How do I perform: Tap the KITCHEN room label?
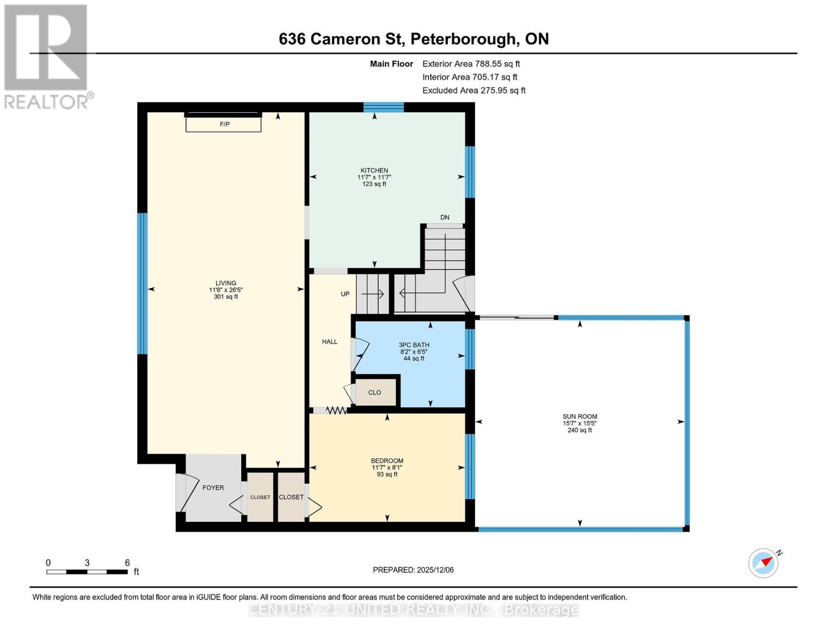click(374, 170)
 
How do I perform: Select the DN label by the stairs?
click(445, 217)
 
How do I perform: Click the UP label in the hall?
click(345, 294)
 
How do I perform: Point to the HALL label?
click(330, 342)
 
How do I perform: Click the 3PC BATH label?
click(414, 345)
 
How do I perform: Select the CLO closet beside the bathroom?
click(375, 392)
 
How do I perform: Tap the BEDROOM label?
click(387, 461)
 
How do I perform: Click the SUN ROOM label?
click(579, 416)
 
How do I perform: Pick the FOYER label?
click(213, 488)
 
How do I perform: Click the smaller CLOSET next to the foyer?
click(260, 497)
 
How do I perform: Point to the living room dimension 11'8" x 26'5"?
click(226, 290)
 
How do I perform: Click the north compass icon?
click(764, 563)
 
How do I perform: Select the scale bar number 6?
click(127, 563)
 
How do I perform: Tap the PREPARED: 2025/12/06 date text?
click(413, 570)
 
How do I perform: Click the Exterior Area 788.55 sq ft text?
click(471, 64)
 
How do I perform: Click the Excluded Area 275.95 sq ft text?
click(473, 91)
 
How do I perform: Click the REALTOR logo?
click(47, 56)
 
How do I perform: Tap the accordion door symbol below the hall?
click(337, 411)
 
